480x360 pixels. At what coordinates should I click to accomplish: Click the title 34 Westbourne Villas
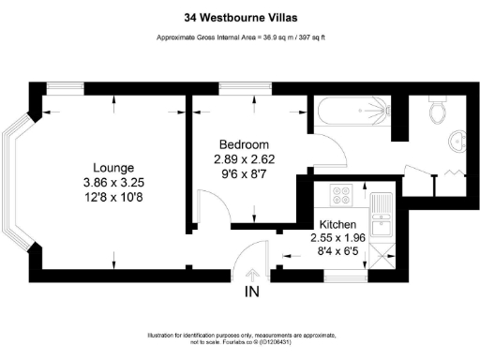(x=240, y=15)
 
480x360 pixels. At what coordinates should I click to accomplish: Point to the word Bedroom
(x=244, y=144)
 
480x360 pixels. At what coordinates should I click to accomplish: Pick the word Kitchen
(x=337, y=226)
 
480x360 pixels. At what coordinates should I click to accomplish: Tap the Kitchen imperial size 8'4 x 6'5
(x=337, y=252)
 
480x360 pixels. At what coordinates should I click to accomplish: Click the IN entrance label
(x=251, y=292)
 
